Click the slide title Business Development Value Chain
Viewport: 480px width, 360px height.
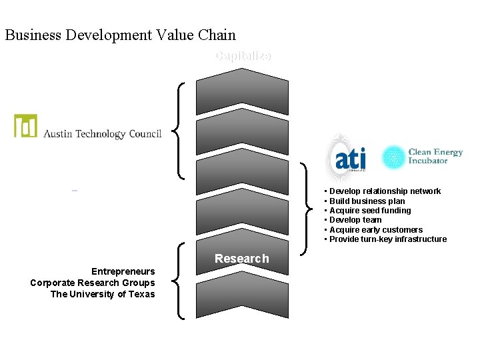120,35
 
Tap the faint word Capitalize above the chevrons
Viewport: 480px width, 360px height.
243,56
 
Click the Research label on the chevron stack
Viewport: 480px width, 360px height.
241,259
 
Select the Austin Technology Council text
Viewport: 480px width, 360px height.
102,134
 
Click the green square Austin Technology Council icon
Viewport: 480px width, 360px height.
26,125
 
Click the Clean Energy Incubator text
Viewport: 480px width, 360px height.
435,157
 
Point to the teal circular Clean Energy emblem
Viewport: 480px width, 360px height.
393,157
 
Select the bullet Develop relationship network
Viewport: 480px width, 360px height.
385,191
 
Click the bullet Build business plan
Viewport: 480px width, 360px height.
367,201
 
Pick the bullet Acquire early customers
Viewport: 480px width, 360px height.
375,230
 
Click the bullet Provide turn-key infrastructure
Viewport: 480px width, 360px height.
387,239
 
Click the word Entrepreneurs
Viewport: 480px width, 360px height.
123,271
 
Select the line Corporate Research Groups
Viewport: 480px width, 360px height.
92,283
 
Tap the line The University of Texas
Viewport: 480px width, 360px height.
102,294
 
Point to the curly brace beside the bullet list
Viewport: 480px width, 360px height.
308,208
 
